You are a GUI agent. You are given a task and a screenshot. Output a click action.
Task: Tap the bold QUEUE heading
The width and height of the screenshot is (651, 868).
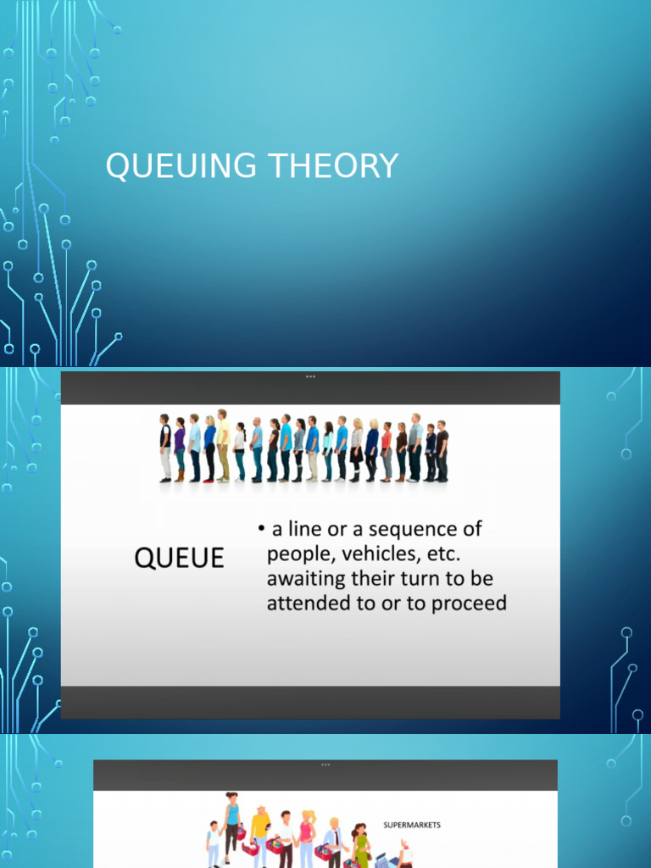point(179,558)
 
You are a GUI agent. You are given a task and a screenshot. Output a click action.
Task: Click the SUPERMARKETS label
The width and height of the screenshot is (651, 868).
point(412,825)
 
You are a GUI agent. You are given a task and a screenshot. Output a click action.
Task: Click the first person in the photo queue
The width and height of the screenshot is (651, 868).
point(165,448)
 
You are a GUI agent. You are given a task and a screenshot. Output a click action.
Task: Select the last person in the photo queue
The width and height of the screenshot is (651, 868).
point(442,451)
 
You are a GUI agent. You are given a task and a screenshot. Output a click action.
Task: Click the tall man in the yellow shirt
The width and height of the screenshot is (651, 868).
point(222,445)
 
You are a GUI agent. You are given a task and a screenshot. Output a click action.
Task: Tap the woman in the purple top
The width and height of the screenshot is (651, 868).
point(179,450)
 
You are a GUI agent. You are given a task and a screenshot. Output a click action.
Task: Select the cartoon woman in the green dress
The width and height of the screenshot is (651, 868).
point(361,844)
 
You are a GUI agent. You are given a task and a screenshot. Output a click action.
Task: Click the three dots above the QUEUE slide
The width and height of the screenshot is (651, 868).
point(310,376)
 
